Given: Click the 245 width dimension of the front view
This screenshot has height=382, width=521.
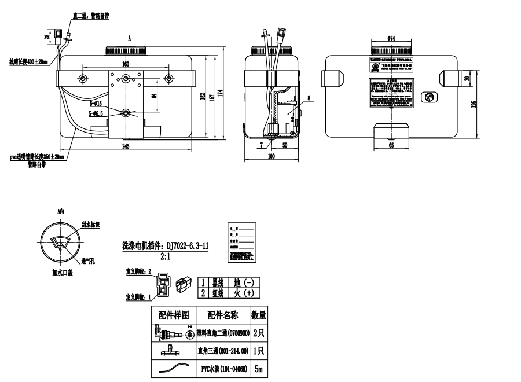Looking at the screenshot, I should (x=126, y=146).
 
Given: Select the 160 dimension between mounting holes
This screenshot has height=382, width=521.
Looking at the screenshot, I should (x=126, y=64).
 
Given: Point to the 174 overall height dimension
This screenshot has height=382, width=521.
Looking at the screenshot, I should (x=221, y=93).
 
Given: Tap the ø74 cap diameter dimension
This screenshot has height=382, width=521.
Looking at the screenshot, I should (x=391, y=38).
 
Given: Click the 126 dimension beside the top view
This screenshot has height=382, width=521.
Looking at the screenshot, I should (x=474, y=104).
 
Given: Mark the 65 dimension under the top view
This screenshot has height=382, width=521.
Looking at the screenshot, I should (x=391, y=146).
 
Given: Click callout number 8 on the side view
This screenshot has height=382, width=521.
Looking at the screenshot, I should (x=309, y=98).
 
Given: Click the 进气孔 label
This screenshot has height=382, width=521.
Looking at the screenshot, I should (x=88, y=261).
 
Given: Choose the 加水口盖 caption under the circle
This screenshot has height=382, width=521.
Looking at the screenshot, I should (x=61, y=274).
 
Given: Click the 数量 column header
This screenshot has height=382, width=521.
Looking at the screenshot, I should (x=259, y=315).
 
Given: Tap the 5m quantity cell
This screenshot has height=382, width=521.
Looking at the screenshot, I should (x=259, y=369).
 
